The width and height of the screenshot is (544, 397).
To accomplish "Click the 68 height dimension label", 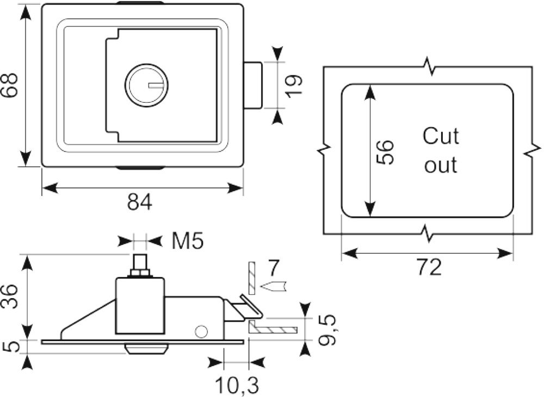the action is tap(9, 86).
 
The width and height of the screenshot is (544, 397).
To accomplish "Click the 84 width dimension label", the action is tap(140, 203).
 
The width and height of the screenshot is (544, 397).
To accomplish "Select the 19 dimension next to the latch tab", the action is tap(294, 85).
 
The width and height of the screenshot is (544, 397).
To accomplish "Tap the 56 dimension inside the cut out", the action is tap(385, 152).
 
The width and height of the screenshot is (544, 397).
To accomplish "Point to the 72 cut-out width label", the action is tap(430, 267).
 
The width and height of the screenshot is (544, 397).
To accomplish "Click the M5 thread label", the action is tap(188, 241).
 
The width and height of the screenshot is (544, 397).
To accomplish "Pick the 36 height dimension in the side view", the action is tap(9, 297).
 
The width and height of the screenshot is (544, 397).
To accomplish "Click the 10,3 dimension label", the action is tap(237, 385).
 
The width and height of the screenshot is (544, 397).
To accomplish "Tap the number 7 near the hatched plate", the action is tap(274, 268).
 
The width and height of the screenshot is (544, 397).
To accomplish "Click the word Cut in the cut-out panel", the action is tap(441, 136).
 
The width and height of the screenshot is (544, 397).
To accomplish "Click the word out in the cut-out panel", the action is tap(441, 165).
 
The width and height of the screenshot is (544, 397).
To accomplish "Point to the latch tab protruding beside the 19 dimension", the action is tap(252, 85).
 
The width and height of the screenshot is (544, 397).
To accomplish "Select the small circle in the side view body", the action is tap(201, 332).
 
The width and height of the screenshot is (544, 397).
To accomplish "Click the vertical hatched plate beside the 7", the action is tap(251, 278).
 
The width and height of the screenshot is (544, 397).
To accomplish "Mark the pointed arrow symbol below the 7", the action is tap(273, 287).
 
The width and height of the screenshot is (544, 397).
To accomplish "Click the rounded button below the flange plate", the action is tap(146, 349).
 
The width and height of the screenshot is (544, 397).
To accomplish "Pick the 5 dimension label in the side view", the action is tap(11, 347).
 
